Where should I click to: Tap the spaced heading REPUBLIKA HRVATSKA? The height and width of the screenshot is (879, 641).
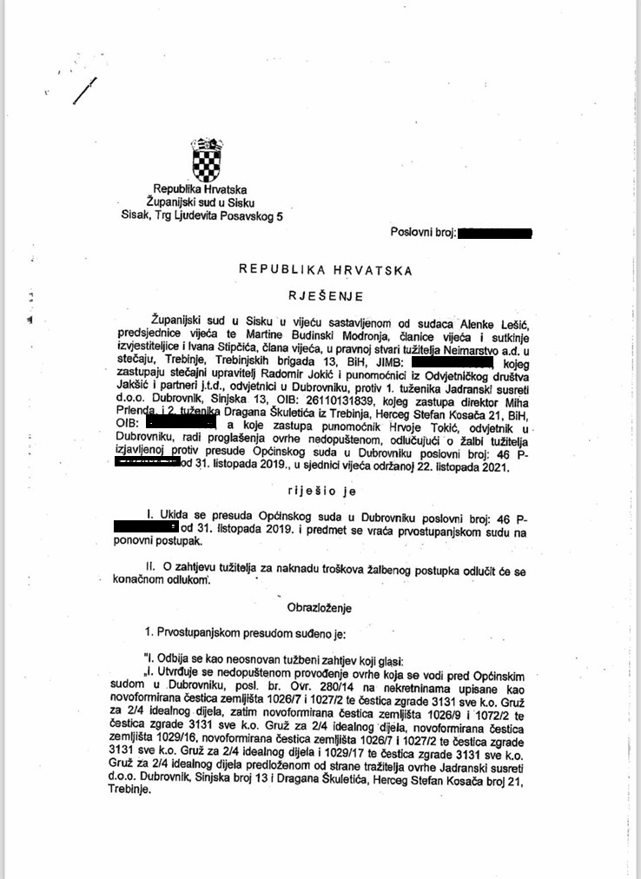pyautogui.click(x=326, y=270)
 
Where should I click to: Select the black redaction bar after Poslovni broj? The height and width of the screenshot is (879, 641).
pyautogui.click(x=493, y=233)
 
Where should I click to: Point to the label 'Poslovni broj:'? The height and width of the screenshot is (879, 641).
pyautogui.click(x=422, y=233)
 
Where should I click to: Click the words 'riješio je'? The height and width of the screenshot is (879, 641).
pyautogui.click(x=325, y=491)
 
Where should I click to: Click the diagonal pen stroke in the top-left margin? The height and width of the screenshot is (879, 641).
pyautogui.click(x=85, y=90)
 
